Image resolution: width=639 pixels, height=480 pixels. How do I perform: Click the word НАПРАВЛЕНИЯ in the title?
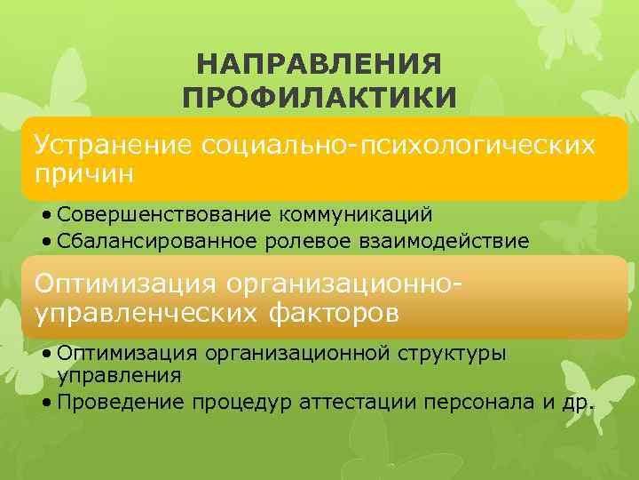pos(319,65)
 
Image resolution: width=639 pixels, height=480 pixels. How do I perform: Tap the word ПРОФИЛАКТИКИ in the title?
pos(319,95)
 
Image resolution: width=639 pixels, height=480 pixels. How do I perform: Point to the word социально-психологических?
pos(398,145)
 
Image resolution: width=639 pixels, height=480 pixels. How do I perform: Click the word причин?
pos(84,171)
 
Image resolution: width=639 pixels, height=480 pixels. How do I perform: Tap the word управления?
pos(119,375)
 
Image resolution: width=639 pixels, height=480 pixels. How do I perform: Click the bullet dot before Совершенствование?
pos(45,216)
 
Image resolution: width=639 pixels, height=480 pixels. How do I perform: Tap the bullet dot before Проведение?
pos(45,402)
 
